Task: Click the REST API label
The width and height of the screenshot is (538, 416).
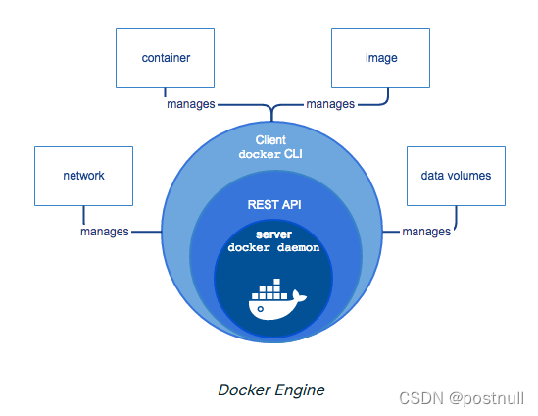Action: click(x=274, y=205)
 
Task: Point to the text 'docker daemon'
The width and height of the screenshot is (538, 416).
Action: click(x=273, y=247)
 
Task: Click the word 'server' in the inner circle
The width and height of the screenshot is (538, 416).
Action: click(x=273, y=234)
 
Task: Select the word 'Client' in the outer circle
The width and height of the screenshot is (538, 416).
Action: click(x=270, y=140)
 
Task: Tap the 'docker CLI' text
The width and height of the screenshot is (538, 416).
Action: click(x=270, y=154)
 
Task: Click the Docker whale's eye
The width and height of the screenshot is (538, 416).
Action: click(x=261, y=309)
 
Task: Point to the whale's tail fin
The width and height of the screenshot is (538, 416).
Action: click(x=299, y=296)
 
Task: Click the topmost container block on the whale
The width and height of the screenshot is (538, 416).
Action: click(x=277, y=282)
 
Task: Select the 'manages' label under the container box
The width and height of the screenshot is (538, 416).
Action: click(x=191, y=104)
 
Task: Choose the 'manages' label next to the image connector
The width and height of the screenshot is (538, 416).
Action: click(x=330, y=104)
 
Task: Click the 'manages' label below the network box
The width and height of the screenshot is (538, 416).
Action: click(x=104, y=232)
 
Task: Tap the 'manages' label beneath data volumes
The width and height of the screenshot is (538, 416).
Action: click(x=426, y=232)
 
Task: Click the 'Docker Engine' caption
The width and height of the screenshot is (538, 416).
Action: click(x=271, y=390)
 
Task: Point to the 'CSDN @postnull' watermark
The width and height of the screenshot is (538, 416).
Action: click(x=462, y=398)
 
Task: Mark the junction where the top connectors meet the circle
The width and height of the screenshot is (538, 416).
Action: click(x=271, y=121)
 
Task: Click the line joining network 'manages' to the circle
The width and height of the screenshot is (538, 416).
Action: click(x=147, y=232)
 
